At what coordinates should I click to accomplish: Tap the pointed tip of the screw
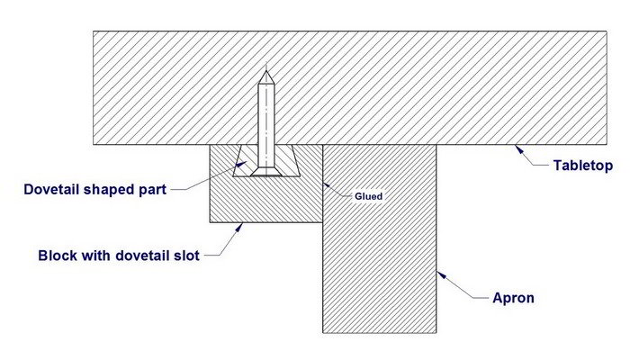265,69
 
